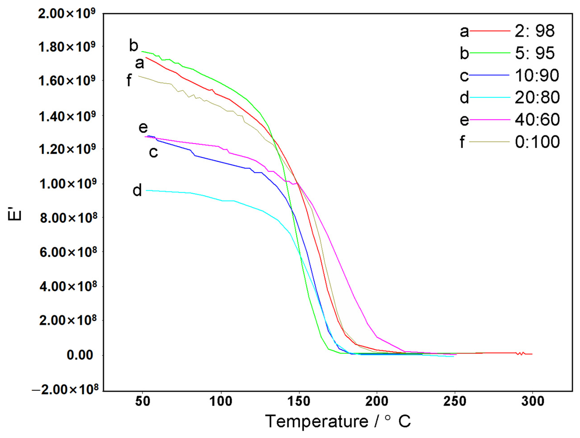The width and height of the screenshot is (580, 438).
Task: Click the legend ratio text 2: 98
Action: click(x=534, y=31)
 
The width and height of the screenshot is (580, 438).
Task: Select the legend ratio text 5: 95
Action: click(x=534, y=53)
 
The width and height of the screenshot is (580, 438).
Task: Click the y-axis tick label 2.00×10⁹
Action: click(x=67, y=14)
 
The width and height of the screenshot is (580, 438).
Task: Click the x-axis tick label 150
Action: click(x=299, y=401)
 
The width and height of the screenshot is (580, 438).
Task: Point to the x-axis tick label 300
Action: click(x=532, y=401)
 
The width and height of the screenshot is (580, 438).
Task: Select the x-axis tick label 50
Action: click(x=143, y=401)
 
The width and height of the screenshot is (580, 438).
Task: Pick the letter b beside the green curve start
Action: click(x=133, y=46)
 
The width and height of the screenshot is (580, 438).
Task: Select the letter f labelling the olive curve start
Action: click(x=129, y=81)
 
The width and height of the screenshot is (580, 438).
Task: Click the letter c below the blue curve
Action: click(x=153, y=152)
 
